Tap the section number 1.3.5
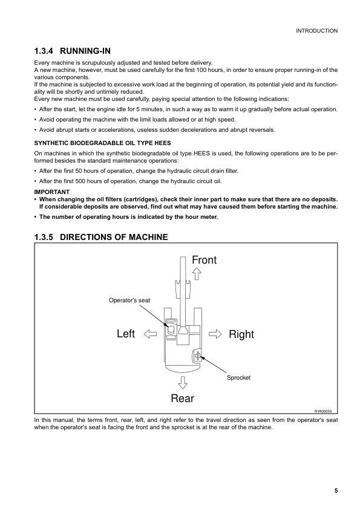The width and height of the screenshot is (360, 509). pos(48,237)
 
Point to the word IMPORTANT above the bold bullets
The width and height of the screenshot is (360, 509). pos(51,192)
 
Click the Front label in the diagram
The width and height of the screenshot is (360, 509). pos(204,260)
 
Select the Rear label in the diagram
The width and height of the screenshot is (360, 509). pos(182,398)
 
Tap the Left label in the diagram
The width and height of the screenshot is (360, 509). pos(125,334)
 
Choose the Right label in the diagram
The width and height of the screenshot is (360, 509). pos(241,334)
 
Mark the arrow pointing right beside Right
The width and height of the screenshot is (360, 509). pos(215,333)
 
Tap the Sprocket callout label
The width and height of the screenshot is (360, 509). pos(238,377)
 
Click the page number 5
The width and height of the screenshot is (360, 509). pos(335,490)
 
